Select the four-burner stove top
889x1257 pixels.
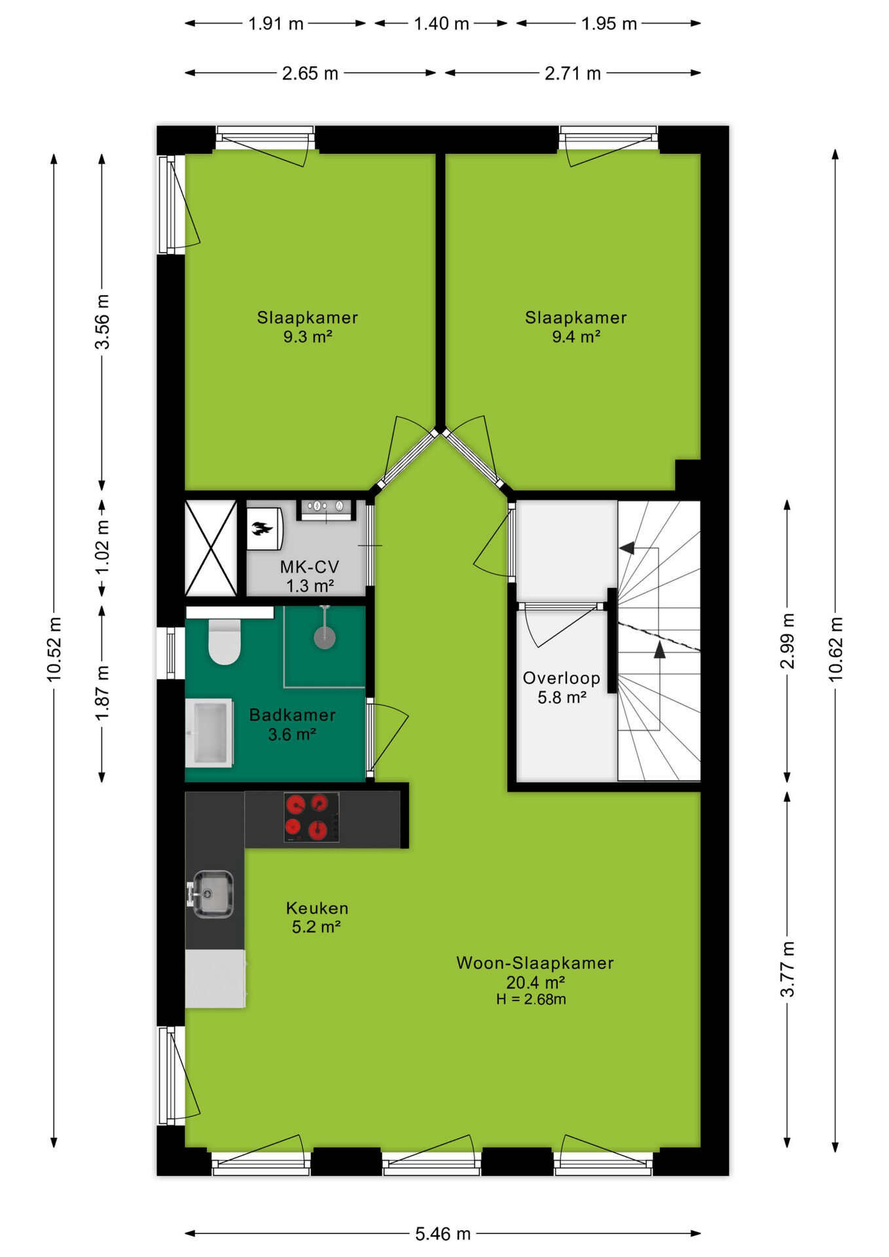click(x=312, y=817)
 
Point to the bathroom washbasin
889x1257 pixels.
click(x=209, y=733)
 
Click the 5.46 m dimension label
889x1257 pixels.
click(x=443, y=1233)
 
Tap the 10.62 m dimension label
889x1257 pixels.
click(x=836, y=649)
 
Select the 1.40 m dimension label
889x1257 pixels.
click(x=441, y=24)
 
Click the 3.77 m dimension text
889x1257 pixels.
click(x=788, y=969)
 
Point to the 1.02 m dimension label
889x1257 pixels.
click(x=102, y=548)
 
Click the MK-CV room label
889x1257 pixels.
click(x=310, y=567)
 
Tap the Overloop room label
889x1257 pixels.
click(x=561, y=678)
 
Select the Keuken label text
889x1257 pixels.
click(x=317, y=908)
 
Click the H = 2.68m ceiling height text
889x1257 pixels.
click(x=531, y=999)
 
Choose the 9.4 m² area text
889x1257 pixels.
click(x=576, y=337)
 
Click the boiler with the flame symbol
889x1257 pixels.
click(x=264, y=528)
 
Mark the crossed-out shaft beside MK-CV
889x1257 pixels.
click(x=211, y=549)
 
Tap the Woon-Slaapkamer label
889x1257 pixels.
click(x=535, y=963)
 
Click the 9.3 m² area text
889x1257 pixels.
click(x=308, y=337)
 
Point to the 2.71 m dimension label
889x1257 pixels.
click(x=572, y=73)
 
